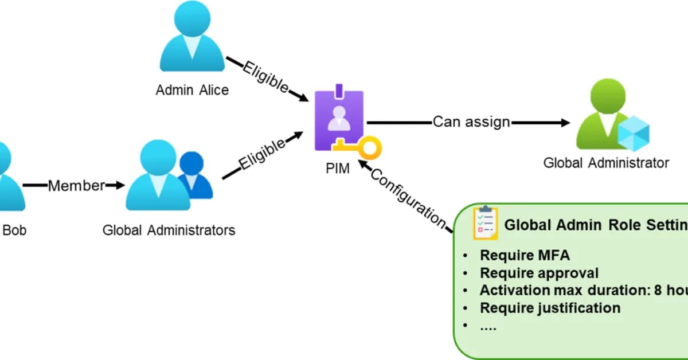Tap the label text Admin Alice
tap(192, 90)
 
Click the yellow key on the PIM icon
tap(361, 148)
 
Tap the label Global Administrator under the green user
tap(606, 163)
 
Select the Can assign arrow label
tap(471, 122)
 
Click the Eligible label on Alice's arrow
tap(265, 77)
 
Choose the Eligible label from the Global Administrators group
tap(262, 154)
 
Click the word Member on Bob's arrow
tap(76, 186)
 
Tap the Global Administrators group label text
tap(169, 230)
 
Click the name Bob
tap(14, 230)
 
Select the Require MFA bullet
tap(525, 256)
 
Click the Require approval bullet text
tap(539, 273)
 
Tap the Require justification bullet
tap(550, 308)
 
